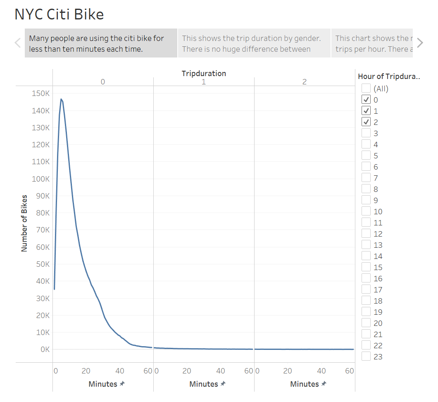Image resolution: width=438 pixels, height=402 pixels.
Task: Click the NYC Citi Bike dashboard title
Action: point(59,14)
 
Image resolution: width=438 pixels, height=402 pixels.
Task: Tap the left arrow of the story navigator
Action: point(17,43)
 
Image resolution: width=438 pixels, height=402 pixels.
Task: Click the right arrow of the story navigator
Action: point(420,43)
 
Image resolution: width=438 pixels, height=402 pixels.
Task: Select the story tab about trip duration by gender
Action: point(254,43)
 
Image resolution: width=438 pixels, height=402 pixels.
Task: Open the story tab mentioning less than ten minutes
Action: point(101,43)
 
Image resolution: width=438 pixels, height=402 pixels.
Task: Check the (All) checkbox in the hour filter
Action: point(366,88)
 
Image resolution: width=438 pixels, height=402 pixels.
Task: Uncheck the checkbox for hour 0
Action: point(366,99)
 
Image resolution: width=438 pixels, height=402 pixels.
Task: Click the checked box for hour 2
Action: point(366,122)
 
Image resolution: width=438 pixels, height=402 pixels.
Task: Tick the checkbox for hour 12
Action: point(366,234)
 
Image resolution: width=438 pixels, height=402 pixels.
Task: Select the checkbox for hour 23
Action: point(366,357)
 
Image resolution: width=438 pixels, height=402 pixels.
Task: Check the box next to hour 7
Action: point(366,178)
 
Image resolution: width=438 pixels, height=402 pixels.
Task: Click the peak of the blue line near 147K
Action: point(61,99)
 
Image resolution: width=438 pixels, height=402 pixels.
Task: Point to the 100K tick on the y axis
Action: point(40,179)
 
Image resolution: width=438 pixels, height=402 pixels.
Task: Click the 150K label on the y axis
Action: point(40,93)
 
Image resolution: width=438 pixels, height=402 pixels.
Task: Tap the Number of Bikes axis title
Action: point(24,223)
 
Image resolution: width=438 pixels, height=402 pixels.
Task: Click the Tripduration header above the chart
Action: point(204,73)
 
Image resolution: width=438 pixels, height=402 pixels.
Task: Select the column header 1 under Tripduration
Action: point(204,82)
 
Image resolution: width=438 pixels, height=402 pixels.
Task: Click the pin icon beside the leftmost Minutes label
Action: point(122,384)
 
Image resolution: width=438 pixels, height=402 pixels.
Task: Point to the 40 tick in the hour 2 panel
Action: point(321,371)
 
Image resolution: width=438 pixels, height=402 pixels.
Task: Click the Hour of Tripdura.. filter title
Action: point(388,76)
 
